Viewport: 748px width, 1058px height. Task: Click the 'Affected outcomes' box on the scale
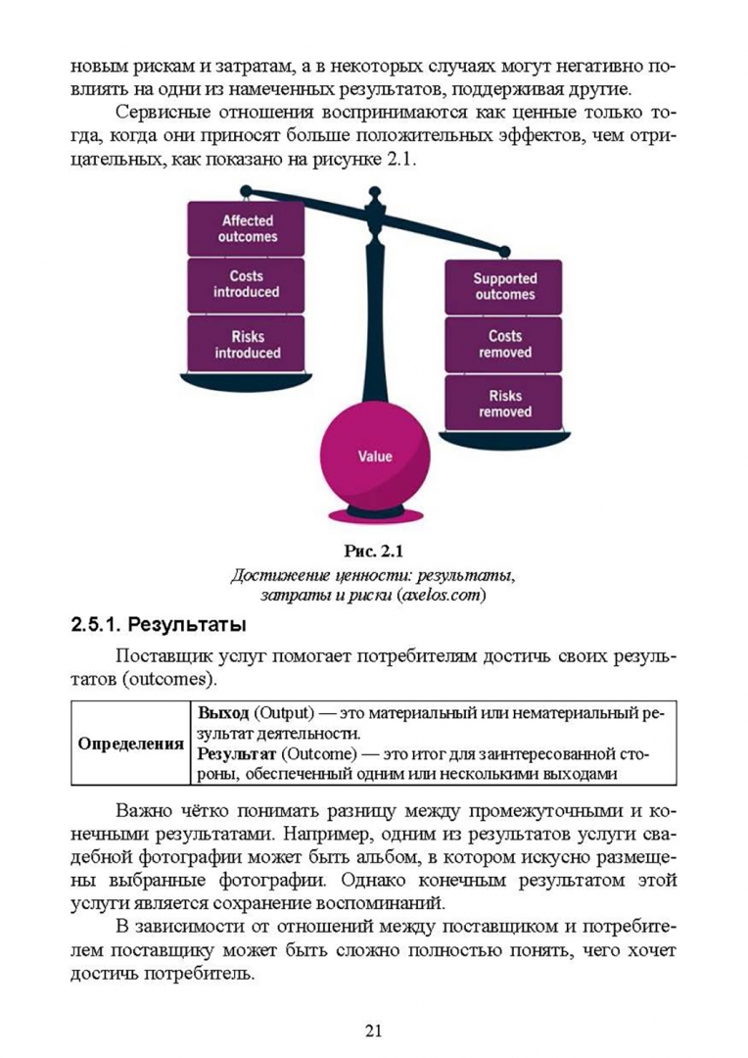pos(246,228)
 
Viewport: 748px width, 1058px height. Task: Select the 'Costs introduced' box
pos(246,285)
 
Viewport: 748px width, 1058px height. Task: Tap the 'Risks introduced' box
pos(246,344)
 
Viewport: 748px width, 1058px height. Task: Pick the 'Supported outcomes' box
pos(504,286)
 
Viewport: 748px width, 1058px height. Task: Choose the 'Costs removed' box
pos(504,344)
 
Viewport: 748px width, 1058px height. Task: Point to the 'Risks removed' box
pos(504,403)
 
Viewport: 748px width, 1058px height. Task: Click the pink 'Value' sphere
pos(375,456)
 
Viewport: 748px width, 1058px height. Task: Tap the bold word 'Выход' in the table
pos(222,711)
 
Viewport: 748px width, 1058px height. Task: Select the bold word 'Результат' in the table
pos(236,753)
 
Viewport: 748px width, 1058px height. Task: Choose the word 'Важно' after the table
pos(144,810)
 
